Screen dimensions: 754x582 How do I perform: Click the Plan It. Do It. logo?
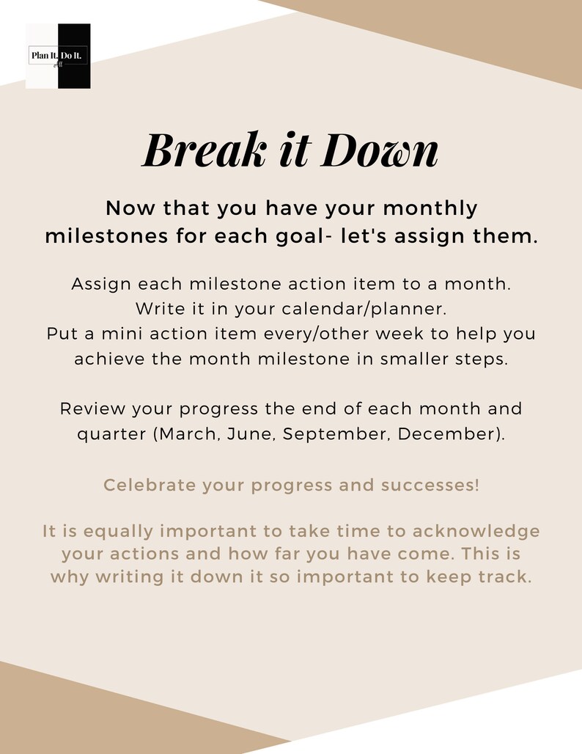(58, 56)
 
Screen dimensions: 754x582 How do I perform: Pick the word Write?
(159, 310)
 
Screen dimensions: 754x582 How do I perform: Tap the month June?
(250, 433)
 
